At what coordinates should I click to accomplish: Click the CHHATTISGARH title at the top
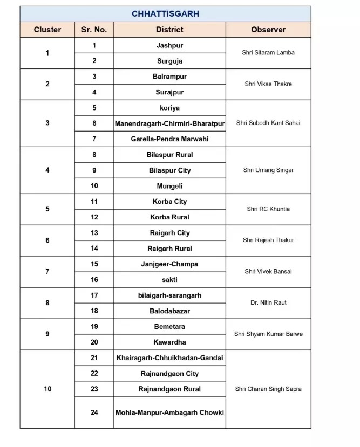165,14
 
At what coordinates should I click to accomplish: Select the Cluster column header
47,30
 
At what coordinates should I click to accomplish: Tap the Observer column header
268,30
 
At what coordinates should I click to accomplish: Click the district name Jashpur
169,45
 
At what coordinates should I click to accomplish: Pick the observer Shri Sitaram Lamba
268,53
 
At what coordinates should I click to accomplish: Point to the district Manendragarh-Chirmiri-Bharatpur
169,123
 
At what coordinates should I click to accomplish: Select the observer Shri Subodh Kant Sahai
268,123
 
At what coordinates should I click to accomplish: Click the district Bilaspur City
169,170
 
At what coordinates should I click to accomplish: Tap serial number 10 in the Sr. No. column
94,186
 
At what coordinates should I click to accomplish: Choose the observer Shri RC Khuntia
268,209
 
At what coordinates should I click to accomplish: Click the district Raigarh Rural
169,249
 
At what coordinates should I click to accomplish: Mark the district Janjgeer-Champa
169,264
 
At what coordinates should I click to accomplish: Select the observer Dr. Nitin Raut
268,303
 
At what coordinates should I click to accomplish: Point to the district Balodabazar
169,311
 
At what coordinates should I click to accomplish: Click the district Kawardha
169,342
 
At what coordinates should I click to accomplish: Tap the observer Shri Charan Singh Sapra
268,389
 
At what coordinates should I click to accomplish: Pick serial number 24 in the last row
94,412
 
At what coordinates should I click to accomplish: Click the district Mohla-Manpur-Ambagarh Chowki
169,412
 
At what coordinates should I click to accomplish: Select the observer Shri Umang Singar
268,170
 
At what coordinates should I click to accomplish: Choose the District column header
169,30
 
